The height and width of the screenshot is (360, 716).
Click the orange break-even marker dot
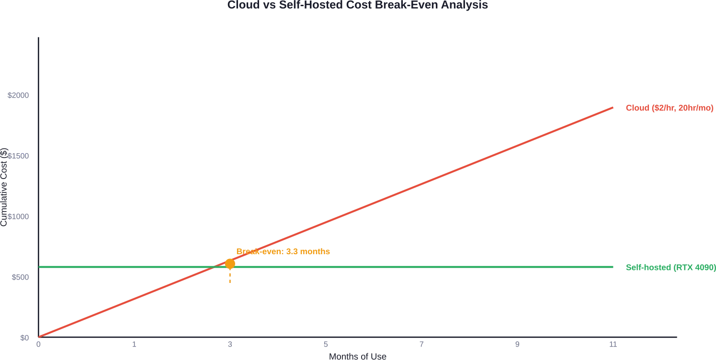point(230,263)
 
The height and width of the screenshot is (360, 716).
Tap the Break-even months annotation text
point(284,252)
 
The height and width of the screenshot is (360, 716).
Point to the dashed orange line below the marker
point(230,276)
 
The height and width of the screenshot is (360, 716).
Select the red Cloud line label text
point(669,108)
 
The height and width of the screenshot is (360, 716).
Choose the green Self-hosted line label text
point(670,268)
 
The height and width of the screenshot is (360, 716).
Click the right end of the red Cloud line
point(614,107)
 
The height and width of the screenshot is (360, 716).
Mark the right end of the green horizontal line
point(615,266)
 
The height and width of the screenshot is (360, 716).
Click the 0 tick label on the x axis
point(38,345)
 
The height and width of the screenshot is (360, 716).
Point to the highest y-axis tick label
point(19,96)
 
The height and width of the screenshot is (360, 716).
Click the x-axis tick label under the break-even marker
point(230,345)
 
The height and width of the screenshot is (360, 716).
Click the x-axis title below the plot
point(358,356)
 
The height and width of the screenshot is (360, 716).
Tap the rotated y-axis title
point(4,187)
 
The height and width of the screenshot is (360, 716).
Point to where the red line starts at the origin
point(39,337)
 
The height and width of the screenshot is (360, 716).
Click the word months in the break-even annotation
point(316,252)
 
